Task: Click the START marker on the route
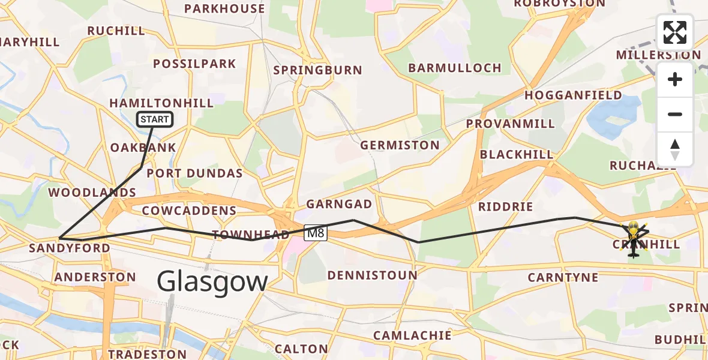[155, 119]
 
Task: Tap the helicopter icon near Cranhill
[634, 237]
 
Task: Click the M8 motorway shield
[316, 233]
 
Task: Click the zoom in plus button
[675, 80]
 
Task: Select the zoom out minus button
[675, 115]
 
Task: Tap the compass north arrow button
[675, 149]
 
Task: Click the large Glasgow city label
[212, 281]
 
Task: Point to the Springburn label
[317, 70]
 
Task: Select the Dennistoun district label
[372, 275]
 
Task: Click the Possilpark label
[194, 64]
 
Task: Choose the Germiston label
[400, 145]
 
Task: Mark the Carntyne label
[563, 277]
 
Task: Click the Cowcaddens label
[189, 211]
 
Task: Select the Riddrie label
[505, 207]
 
